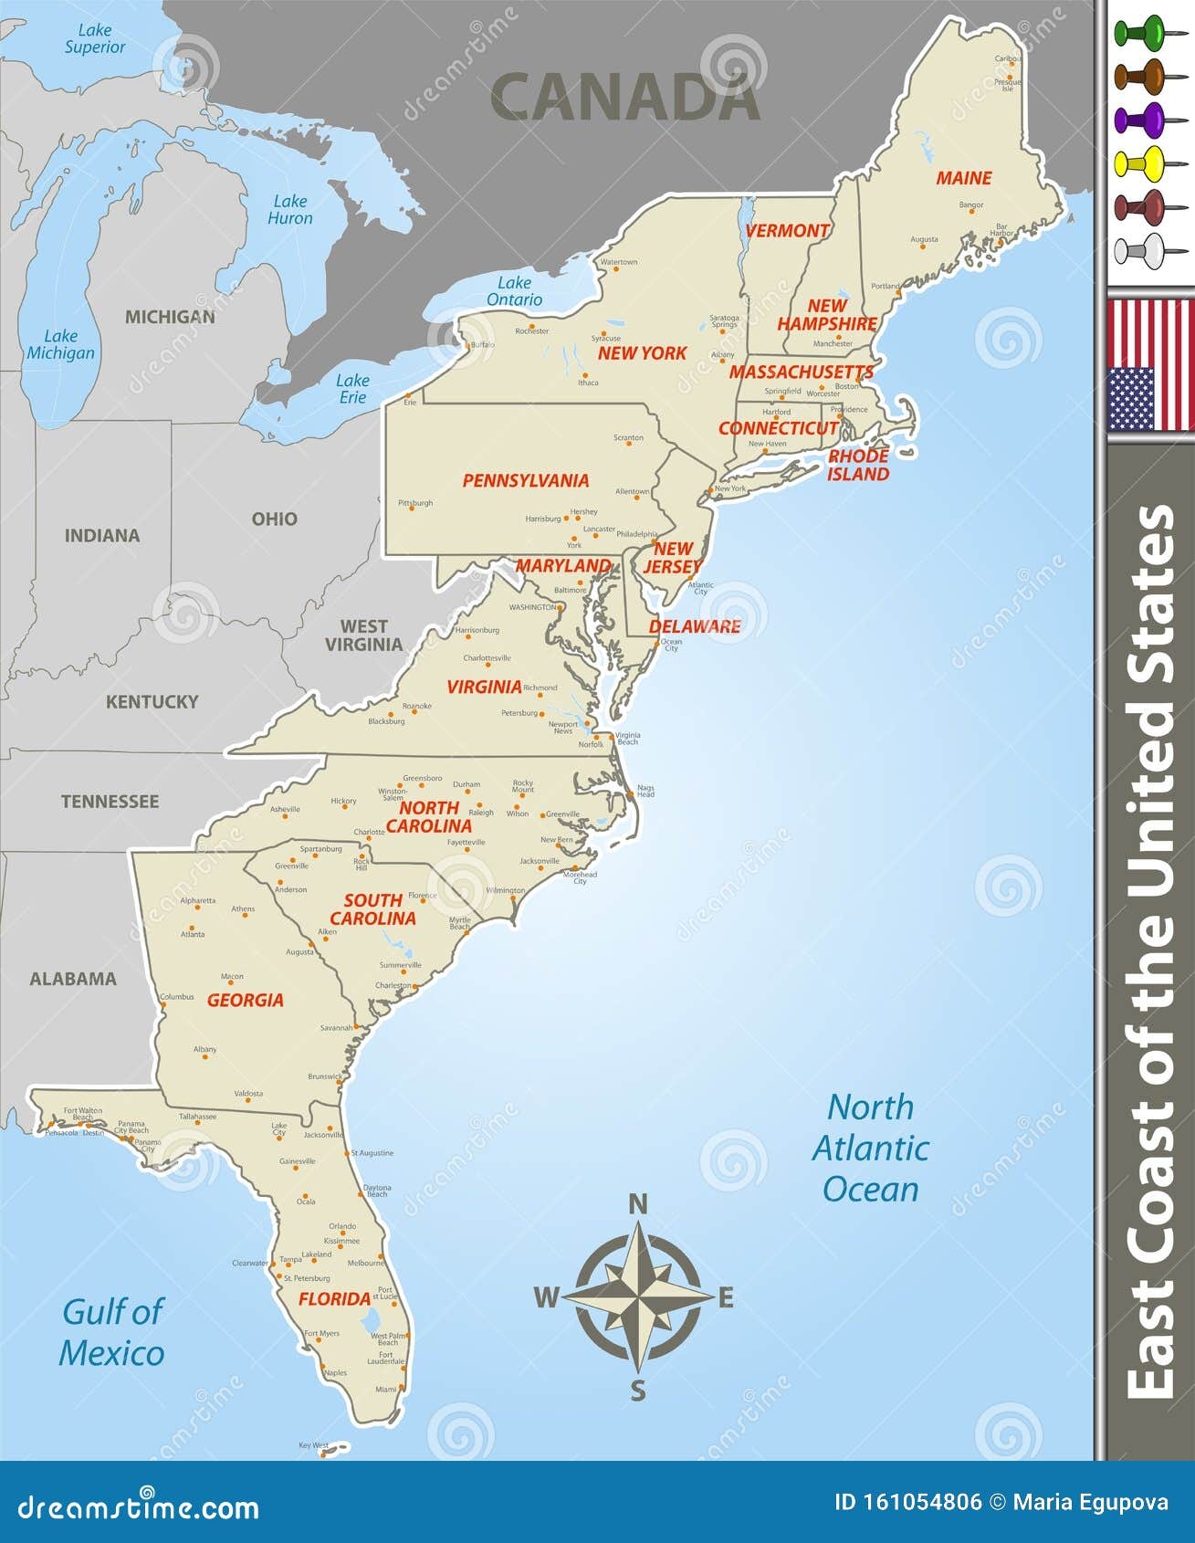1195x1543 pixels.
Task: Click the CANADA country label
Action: [625, 97]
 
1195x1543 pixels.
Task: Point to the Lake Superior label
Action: [94, 38]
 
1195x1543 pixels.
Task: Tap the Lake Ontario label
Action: [514, 291]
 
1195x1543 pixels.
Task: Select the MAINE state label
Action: [963, 178]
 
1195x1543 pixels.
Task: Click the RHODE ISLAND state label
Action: [858, 465]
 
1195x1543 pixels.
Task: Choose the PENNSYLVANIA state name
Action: [526, 480]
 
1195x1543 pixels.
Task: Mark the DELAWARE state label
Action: [695, 626]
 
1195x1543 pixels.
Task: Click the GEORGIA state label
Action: [245, 1000]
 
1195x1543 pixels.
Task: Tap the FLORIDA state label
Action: [334, 1298]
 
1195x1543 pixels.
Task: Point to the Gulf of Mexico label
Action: [112, 1332]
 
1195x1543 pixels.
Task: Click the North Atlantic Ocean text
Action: [870, 1148]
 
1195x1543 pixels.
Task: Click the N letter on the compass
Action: [638, 1205]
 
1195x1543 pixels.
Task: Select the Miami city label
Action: [386, 1389]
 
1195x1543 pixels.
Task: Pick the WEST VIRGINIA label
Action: [363, 635]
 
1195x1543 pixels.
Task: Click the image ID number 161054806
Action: [908, 1503]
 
